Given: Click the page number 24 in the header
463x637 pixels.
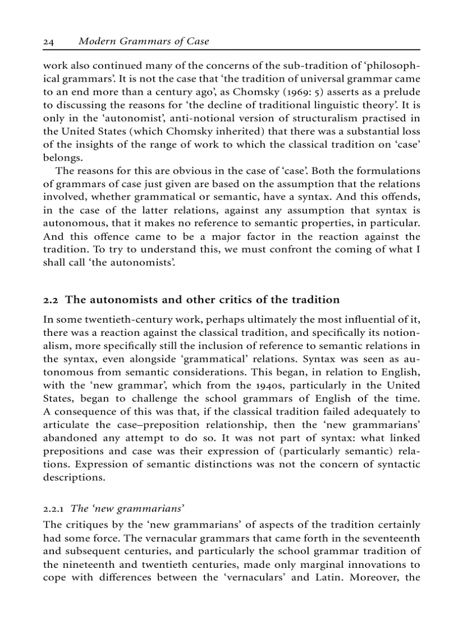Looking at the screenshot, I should [48, 41].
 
